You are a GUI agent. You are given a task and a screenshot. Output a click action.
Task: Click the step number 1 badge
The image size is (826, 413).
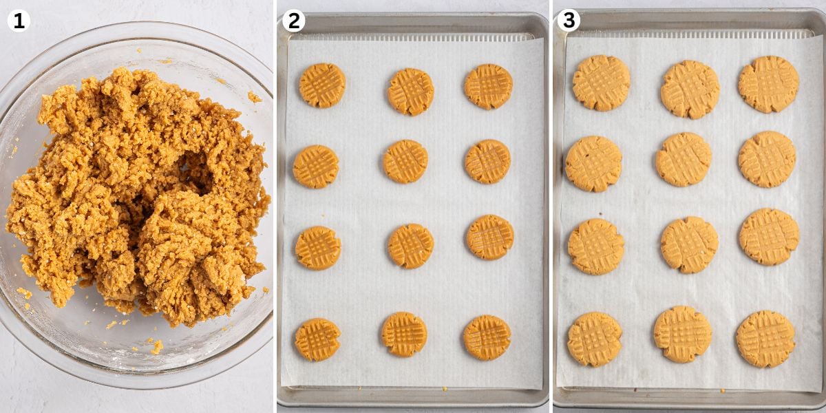tap(19, 21)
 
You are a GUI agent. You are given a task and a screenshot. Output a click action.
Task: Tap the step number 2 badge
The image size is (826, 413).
tap(294, 21)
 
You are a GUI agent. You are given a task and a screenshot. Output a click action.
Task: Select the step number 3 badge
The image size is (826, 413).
tap(569, 21)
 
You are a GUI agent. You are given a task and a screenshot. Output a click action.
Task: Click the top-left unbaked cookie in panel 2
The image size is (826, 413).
tap(322, 85)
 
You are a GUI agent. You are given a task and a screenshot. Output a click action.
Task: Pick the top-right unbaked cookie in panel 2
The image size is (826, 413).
tap(488, 87)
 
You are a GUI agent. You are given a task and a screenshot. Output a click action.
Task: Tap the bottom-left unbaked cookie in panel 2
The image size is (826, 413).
tap(317, 339)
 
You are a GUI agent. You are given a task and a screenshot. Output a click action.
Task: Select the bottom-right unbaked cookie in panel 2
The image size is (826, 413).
tap(487, 337)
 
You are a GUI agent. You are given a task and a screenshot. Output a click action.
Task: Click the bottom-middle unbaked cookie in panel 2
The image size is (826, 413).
tap(404, 334)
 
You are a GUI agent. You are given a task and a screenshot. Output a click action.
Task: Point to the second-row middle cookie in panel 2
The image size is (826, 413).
tap(405, 162)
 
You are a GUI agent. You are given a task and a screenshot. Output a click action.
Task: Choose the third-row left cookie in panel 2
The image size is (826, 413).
tap(318, 248)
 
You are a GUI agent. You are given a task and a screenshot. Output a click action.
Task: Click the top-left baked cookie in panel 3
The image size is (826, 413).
tap(601, 83)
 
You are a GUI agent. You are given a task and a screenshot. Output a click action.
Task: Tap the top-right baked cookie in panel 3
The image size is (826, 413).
tap(768, 84)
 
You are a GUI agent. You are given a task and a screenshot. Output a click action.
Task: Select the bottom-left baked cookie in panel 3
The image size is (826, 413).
tap(594, 339)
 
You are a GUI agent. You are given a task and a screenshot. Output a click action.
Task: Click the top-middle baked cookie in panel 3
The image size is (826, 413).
tap(690, 89)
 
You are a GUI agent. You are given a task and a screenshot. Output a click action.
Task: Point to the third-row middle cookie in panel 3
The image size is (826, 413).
tap(689, 244)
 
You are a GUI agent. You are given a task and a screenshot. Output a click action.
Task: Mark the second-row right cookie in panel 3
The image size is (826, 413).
tap(767, 159)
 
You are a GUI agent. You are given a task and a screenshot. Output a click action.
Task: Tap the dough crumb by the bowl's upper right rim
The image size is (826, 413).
tap(254, 97)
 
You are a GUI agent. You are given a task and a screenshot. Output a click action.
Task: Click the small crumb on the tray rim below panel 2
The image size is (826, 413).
tap(444, 389)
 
